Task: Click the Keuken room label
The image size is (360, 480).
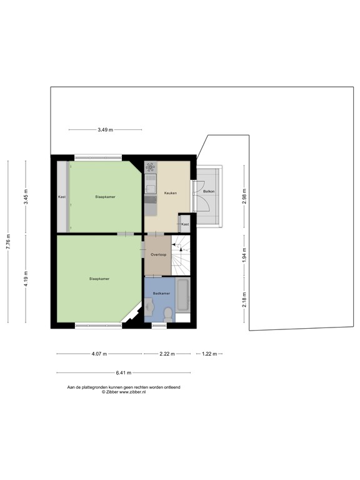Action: [x=170, y=193]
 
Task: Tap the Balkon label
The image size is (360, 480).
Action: [x=209, y=191]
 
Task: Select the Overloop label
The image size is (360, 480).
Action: [x=158, y=255]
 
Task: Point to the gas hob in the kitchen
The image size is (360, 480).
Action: [x=151, y=167]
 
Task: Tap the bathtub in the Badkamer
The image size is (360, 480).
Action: [x=184, y=295]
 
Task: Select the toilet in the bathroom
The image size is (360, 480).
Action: [x=149, y=308]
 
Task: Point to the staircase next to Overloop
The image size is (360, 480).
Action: [x=181, y=254]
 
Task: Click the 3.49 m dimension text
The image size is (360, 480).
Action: [x=105, y=129]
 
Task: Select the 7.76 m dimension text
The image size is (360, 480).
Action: [x=8, y=242]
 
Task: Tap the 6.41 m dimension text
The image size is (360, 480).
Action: [x=123, y=373]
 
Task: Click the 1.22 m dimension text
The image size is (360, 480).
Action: [x=209, y=354]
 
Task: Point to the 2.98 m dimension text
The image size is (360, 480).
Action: [x=245, y=196]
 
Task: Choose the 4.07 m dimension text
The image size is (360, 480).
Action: [x=99, y=354]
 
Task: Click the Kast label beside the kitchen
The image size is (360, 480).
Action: [x=185, y=224]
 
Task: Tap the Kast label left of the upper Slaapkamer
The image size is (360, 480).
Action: [x=61, y=197]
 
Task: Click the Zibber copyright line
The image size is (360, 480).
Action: [x=123, y=392]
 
